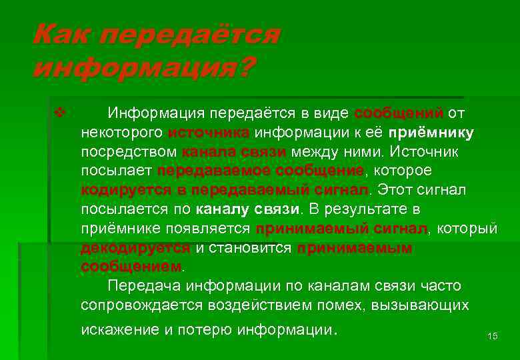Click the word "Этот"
[397, 190]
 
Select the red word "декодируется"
[135, 248]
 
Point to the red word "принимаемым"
[355, 248]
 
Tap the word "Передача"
[144, 286]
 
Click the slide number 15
[493, 336]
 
